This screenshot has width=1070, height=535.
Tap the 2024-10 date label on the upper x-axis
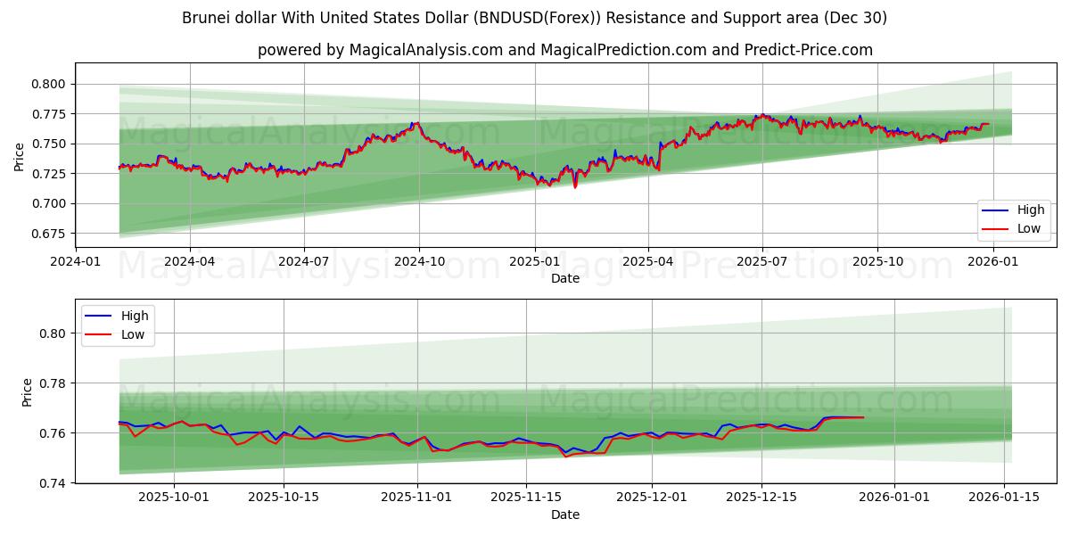pyautogui.click(x=419, y=262)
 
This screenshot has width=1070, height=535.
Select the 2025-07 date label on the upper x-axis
pyautogui.click(x=762, y=262)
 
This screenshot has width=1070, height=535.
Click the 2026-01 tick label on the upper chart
pyautogui.click(x=992, y=262)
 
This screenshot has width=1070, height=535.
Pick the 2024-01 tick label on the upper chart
pyautogui.click(x=76, y=262)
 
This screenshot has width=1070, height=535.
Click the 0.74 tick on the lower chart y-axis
pyautogui.click(x=53, y=483)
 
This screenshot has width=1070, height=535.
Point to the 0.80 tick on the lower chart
pyautogui.click(x=53, y=333)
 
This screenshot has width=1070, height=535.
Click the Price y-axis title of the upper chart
pyautogui.click(x=20, y=158)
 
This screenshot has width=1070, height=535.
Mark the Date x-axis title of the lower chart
pyautogui.click(x=564, y=514)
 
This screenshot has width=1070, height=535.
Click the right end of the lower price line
pyautogui.click(x=863, y=417)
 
